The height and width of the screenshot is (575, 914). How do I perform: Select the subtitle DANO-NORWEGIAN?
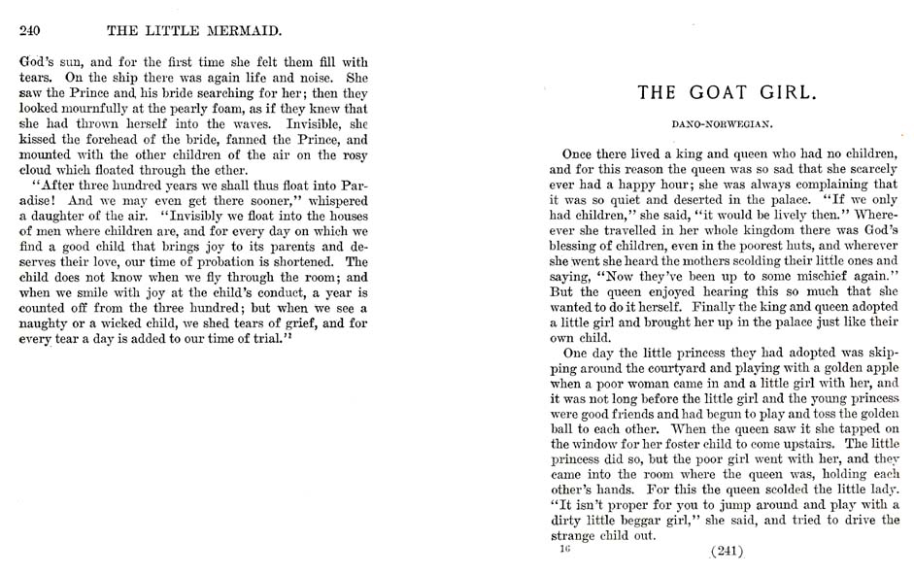tap(722, 124)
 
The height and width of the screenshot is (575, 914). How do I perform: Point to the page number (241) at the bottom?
tap(727, 552)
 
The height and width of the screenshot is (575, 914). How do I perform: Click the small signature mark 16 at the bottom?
tap(564, 549)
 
